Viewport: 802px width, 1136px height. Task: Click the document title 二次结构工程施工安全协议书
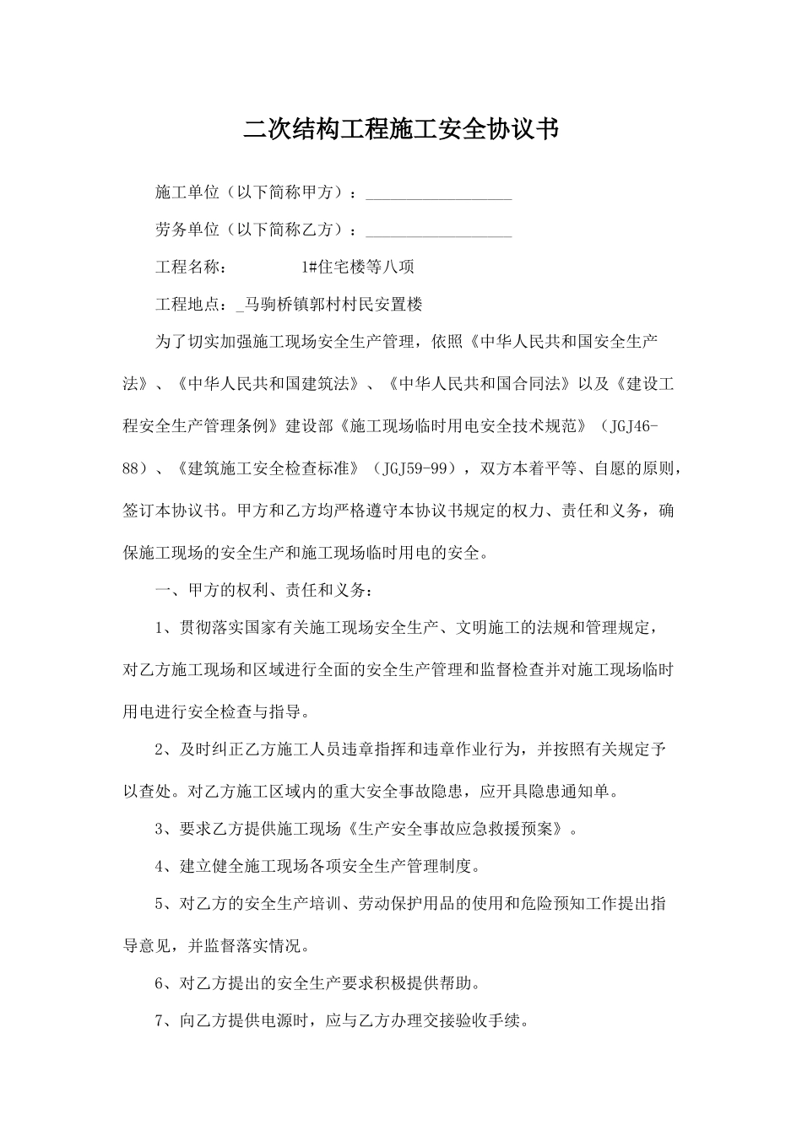coord(401,129)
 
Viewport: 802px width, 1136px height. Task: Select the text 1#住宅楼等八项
coord(358,268)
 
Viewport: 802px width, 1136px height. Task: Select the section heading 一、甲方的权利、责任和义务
coord(262,590)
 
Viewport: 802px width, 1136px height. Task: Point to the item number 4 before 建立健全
coord(160,867)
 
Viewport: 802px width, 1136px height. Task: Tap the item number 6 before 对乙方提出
coord(160,983)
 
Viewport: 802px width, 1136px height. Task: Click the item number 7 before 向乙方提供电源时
coord(160,1021)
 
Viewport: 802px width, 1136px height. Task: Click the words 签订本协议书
coord(171,511)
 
